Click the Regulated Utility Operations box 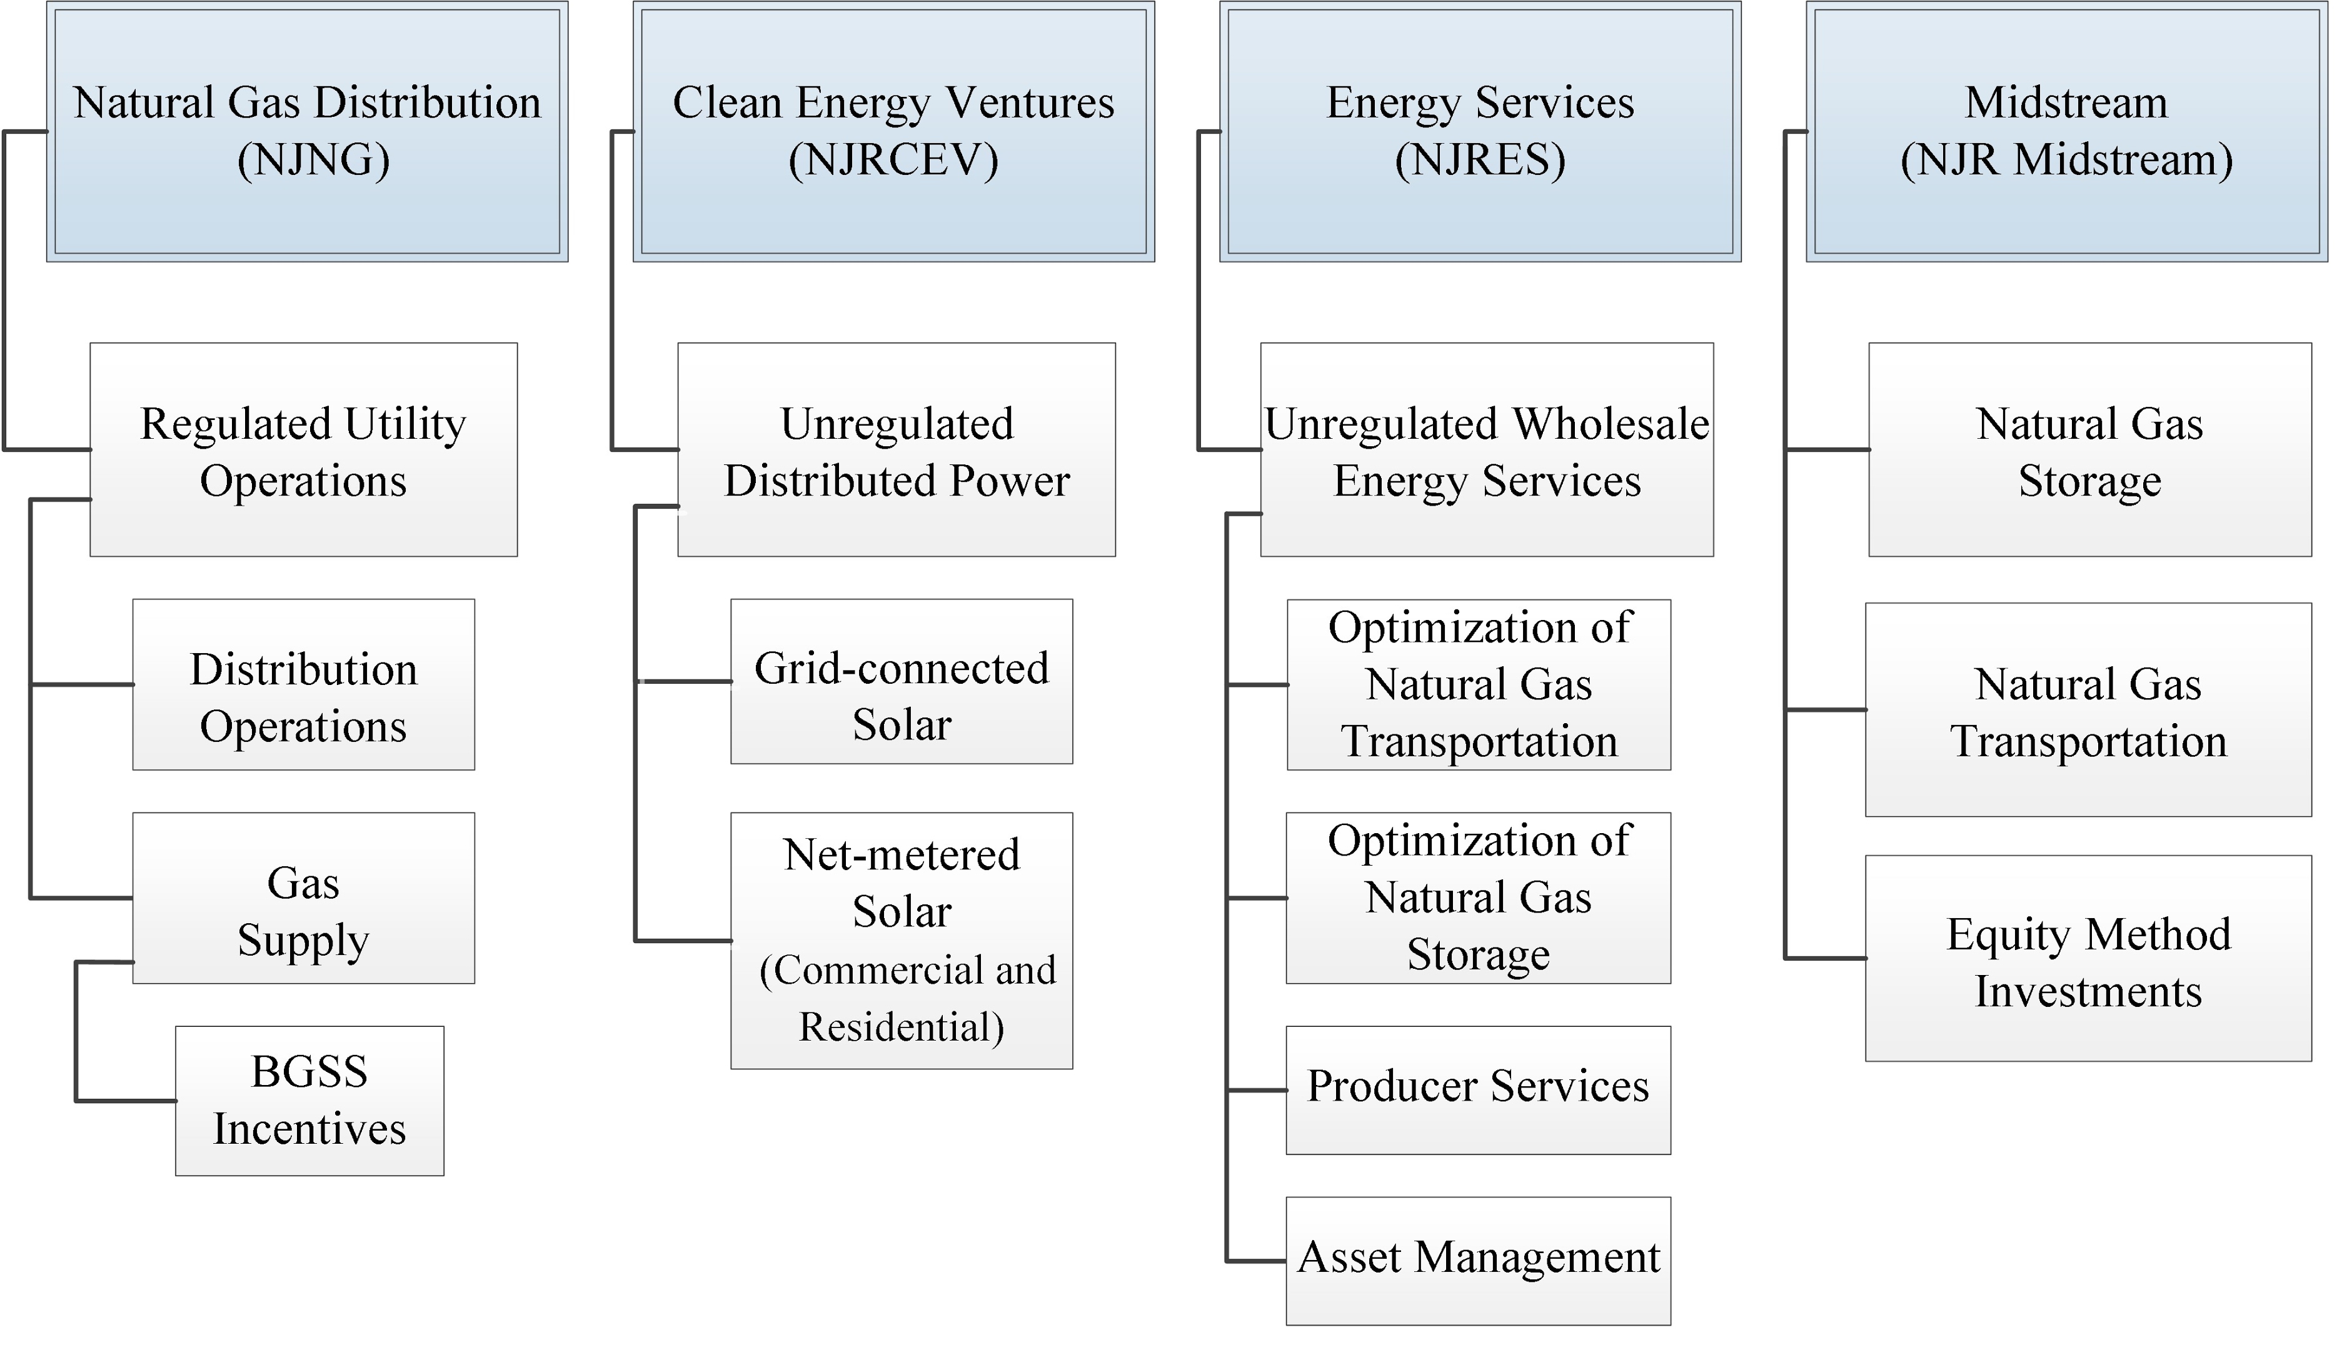(303, 451)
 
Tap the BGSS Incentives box (309, 1101)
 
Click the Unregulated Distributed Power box (896, 451)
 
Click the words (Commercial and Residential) (905, 999)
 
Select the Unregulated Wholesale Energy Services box (1487, 451)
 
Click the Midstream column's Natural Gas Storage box (2089, 451)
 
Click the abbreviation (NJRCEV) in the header (893, 161)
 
